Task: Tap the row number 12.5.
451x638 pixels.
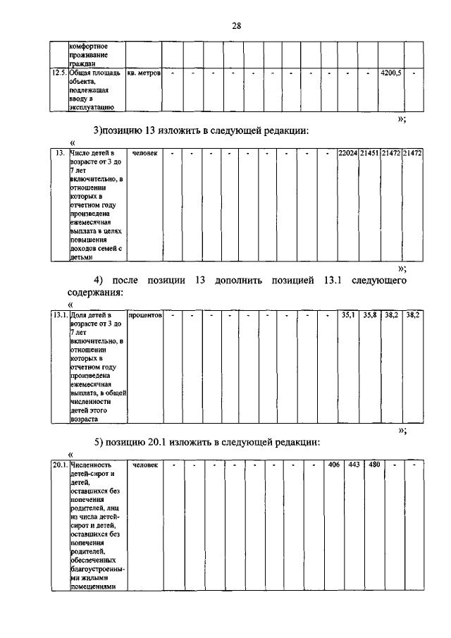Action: [x=59, y=73]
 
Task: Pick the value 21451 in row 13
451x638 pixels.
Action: [x=369, y=153]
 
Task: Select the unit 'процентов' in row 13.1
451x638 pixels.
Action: [x=145, y=316]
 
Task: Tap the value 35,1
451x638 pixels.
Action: [x=348, y=316]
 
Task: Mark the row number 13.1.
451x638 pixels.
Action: [x=59, y=316]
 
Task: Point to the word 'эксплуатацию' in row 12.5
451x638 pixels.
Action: [x=92, y=108]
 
